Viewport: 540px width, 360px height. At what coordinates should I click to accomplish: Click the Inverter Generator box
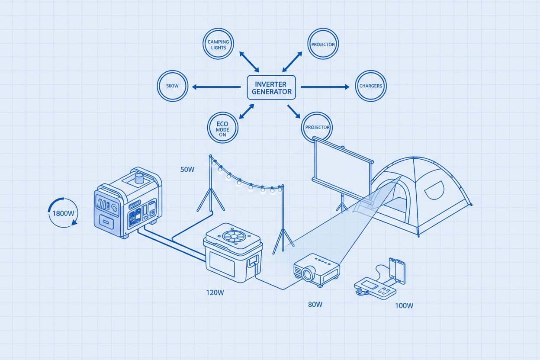click(x=271, y=88)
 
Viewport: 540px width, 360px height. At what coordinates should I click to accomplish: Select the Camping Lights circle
click(x=219, y=44)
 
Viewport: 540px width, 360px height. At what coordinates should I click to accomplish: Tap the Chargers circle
click(x=370, y=86)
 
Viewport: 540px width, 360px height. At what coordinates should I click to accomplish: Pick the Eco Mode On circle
click(x=223, y=127)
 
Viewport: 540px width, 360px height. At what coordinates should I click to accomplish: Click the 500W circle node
click(x=172, y=86)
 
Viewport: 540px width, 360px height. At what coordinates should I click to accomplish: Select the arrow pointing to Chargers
click(x=325, y=87)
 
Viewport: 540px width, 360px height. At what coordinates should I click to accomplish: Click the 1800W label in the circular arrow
click(x=64, y=213)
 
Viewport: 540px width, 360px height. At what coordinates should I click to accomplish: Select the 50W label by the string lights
click(x=187, y=170)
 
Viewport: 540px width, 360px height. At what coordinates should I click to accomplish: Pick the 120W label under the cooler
click(x=215, y=292)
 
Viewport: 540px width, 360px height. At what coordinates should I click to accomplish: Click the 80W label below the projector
click(x=315, y=304)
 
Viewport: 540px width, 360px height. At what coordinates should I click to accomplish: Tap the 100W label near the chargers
click(x=404, y=305)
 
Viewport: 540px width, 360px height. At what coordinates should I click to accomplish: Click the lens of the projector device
click(x=308, y=274)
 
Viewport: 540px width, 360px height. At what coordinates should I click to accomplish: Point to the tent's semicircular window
click(x=435, y=190)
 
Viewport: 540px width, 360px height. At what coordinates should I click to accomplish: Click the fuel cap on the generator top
click(x=139, y=178)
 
